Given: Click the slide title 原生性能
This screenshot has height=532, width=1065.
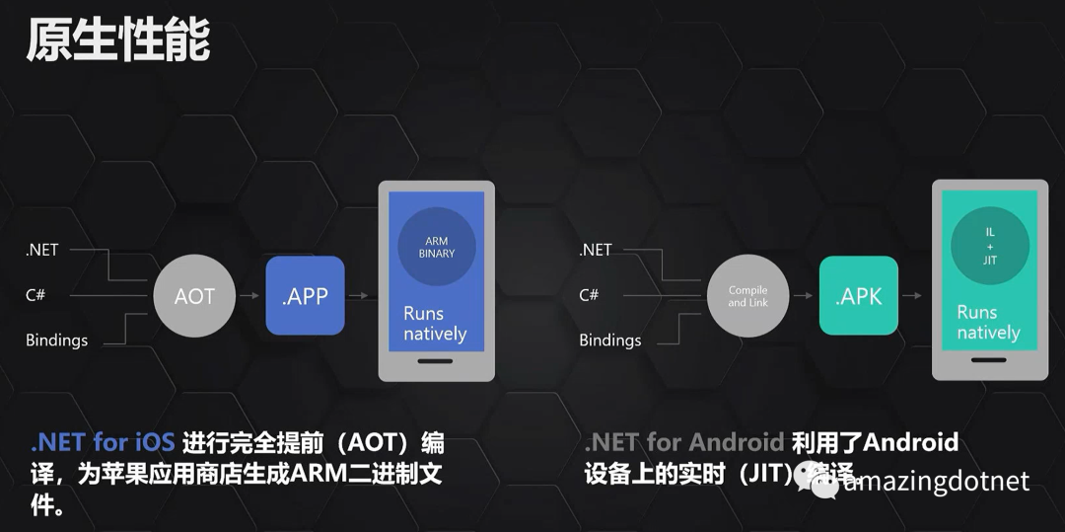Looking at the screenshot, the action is [x=117, y=40].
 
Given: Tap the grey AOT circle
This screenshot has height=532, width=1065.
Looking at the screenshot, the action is [x=194, y=296].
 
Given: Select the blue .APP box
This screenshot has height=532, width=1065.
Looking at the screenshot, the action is [x=305, y=295].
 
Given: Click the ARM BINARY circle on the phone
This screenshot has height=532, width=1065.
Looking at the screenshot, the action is [x=437, y=248].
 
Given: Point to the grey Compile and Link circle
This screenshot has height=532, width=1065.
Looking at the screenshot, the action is [x=747, y=296].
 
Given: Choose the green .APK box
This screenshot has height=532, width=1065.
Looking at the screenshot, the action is [x=858, y=295].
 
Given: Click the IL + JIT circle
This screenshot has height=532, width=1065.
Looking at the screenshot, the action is [x=989, y=247].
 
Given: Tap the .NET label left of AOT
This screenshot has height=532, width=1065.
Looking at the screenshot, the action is [x=42, y=250].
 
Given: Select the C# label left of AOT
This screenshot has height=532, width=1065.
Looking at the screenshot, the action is [x=35, y=295].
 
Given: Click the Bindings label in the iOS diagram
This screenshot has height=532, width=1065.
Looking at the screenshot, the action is [x=56, y=341].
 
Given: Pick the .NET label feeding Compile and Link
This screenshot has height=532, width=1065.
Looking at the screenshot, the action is [x=596, y=250].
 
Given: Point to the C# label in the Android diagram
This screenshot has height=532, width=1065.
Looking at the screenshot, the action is [x=589, y=295].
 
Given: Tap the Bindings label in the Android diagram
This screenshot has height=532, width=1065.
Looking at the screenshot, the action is [x=609, y=341].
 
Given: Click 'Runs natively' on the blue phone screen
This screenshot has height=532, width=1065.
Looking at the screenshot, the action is [x=434, y=323].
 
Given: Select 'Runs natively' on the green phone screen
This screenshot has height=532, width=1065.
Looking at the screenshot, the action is [x=988, y=323].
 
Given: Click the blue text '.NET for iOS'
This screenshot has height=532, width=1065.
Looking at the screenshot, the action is [x=104, y=442].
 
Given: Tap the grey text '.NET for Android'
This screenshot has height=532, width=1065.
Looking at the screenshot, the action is [x=683, y=442].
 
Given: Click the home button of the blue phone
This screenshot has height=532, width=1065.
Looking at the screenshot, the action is [x=436, y=361].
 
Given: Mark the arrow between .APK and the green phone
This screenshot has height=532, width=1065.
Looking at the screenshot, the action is [x=914, y=295].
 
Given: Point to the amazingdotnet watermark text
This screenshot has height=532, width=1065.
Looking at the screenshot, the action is [x=937, y=481].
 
